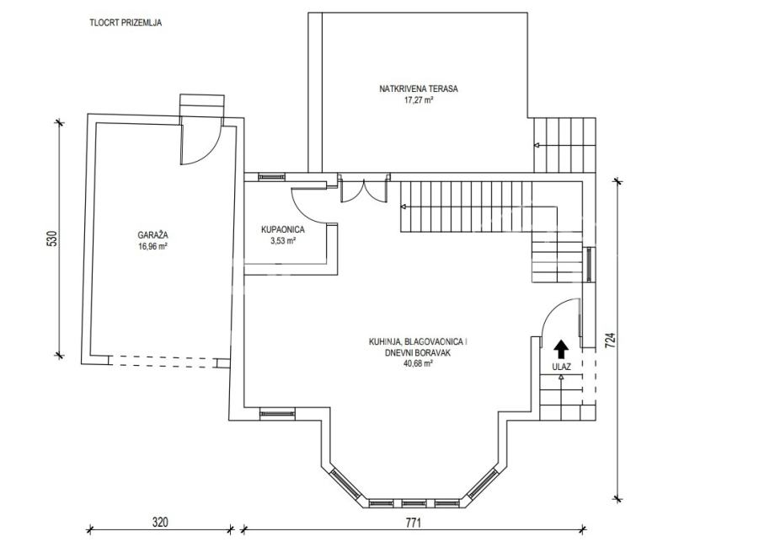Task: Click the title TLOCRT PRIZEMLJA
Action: [126, 22]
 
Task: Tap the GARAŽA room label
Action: [152, 236]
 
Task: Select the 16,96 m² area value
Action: [152, 246]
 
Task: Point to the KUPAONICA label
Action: [283, 230]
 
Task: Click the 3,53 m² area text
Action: [283, 241]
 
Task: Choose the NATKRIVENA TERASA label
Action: [419, 89]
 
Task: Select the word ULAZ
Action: [562, 367]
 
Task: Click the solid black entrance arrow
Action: [561, 349]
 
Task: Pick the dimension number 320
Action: [160, 523]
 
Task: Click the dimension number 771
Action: [414, 523]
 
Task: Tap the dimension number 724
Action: [611, 340]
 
